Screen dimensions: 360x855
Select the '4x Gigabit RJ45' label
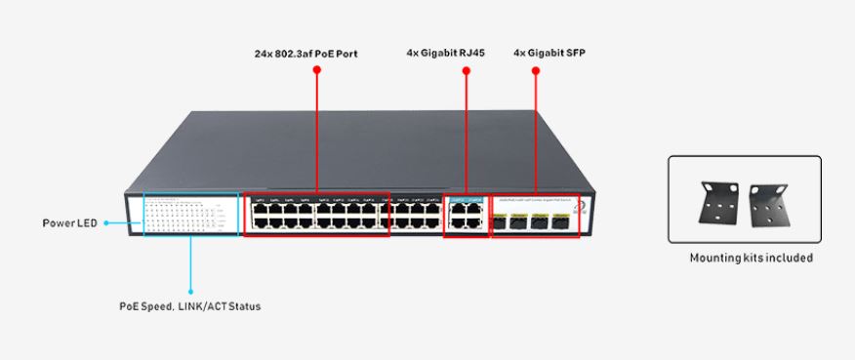click(x=445, y=54)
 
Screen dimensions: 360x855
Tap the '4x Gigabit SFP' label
click(x=550, y=54)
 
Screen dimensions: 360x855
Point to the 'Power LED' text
click(x=70, y=223)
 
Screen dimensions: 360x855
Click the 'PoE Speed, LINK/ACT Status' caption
click(x=190, y=306)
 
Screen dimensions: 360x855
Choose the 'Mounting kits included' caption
click(x=751, y=259)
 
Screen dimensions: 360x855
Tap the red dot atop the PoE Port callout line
click(x=317, y=70)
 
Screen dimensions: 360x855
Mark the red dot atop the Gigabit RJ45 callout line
click(x=466, y=70)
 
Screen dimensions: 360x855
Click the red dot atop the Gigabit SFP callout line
click(x=536, y=70)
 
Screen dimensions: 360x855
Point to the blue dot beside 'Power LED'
click(x=105, y=223)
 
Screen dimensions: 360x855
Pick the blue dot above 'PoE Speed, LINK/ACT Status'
click(x=190, y=290)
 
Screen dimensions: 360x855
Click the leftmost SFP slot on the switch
click(x=499, y=221)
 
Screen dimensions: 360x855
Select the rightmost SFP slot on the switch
click(x=561, y=221)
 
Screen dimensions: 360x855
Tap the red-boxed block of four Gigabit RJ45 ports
click(x=466, y=215)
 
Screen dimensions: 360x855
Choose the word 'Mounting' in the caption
click(x=715, y=259)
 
